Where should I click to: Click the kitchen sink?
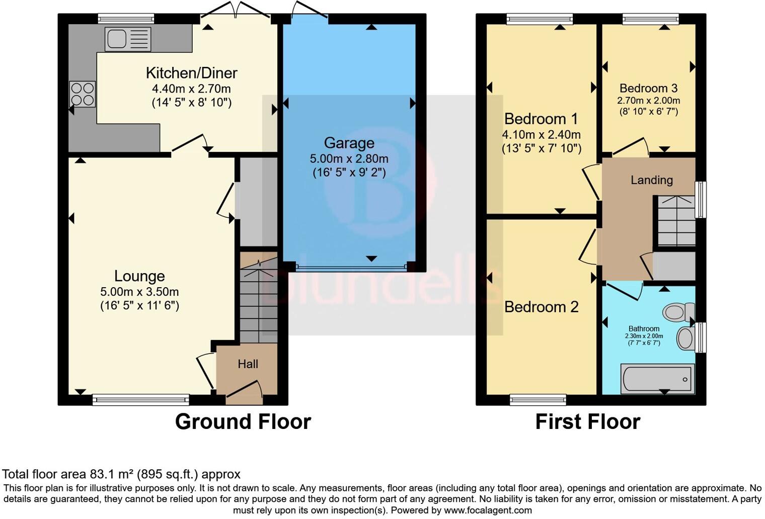127,39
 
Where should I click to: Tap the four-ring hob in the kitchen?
83,94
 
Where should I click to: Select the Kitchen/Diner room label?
191,73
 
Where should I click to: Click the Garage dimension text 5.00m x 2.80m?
349,159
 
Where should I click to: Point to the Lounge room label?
139,276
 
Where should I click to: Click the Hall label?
248,364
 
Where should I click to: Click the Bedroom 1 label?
541,119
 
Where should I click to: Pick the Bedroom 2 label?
541,307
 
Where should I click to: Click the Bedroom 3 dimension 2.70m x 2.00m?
648,101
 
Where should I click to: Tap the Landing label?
651,180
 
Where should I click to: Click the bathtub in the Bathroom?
657,379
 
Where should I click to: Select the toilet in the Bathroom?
678,312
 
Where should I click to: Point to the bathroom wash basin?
685,338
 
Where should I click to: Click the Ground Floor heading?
243,421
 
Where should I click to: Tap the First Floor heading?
587,421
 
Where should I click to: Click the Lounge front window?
140,400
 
